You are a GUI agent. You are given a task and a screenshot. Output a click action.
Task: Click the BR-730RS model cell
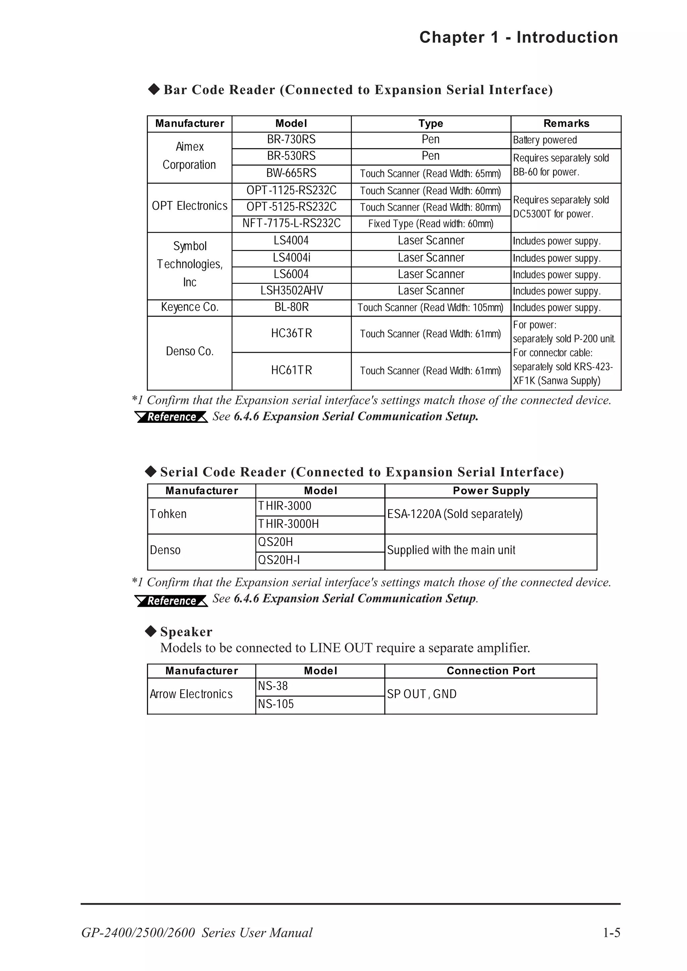pos(291,140)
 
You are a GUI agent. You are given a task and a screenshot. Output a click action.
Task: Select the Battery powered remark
pos(545,140)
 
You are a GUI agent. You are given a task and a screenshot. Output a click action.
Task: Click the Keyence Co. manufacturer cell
pos(190,308)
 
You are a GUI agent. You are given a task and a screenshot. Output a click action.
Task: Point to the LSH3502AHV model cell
pos(291,291)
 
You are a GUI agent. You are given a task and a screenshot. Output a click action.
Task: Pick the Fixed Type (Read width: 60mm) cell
pos(430,224)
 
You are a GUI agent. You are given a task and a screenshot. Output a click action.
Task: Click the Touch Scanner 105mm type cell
pos(430,308)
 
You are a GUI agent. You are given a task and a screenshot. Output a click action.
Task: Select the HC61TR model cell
pos(291,371)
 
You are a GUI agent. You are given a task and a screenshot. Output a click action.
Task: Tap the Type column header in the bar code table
pos(430,124)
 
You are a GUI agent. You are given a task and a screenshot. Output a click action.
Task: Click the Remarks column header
pos(566,124)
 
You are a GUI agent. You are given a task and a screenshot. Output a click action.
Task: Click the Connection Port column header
pos(490,671)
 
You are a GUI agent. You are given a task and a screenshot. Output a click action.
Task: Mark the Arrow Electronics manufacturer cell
pos(191,695)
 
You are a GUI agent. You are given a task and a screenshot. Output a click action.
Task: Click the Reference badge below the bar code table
pos(171,417)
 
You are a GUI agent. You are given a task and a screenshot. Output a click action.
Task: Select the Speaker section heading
pos(186,632)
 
